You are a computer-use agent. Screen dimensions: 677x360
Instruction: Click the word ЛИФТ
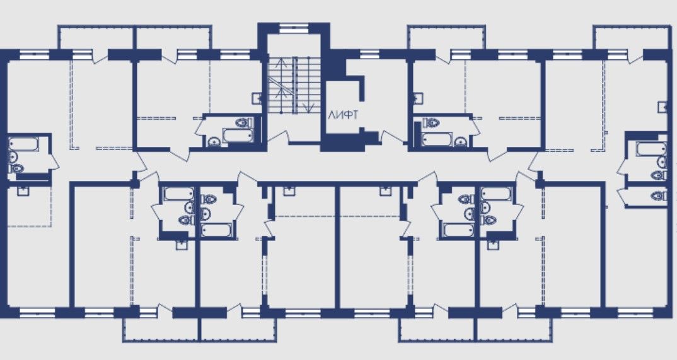click(343, 115)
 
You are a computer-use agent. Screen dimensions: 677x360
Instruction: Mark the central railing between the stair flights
click(296, 85)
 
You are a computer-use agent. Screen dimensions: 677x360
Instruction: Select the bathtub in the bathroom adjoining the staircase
click(237, 135)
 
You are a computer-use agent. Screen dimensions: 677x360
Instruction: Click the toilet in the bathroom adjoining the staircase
click(244, 122)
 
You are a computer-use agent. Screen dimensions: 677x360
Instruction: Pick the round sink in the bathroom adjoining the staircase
click(214, 141)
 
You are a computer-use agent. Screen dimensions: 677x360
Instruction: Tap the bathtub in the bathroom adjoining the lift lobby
click(437, 139)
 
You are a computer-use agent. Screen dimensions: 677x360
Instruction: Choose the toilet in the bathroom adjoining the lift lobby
click(431, 122)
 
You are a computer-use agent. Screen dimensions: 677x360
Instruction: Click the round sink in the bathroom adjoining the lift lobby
click(460, 142)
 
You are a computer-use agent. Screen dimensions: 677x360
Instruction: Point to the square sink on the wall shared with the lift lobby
click(417, 98)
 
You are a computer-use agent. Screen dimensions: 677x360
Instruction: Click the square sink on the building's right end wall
click(663, 107)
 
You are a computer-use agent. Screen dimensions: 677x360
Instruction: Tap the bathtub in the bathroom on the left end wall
click(23, 144)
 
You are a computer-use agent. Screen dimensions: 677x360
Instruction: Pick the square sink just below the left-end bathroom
click(23, 190)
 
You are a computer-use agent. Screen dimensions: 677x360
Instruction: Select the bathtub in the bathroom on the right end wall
click(652, 149)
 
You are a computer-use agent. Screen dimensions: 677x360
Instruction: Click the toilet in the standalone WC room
click(659, 196)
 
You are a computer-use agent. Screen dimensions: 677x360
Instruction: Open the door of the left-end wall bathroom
click(55, 161)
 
